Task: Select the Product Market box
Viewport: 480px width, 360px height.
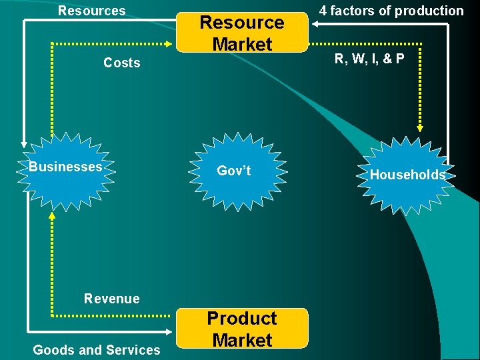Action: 242,328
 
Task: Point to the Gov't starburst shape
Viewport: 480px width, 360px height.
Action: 234,171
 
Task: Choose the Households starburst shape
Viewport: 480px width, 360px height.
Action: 407,175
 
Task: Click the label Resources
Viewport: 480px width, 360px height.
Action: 91,11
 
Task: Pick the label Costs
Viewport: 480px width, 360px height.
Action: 122,63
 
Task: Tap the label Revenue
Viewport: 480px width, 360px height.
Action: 112,299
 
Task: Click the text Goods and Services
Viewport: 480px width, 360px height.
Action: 97,349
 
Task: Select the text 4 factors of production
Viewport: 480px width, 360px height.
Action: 391,11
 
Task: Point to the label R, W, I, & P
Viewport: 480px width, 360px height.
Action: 369,59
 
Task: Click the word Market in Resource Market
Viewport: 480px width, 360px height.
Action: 242,44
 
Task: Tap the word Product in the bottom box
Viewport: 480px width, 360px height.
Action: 242,319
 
